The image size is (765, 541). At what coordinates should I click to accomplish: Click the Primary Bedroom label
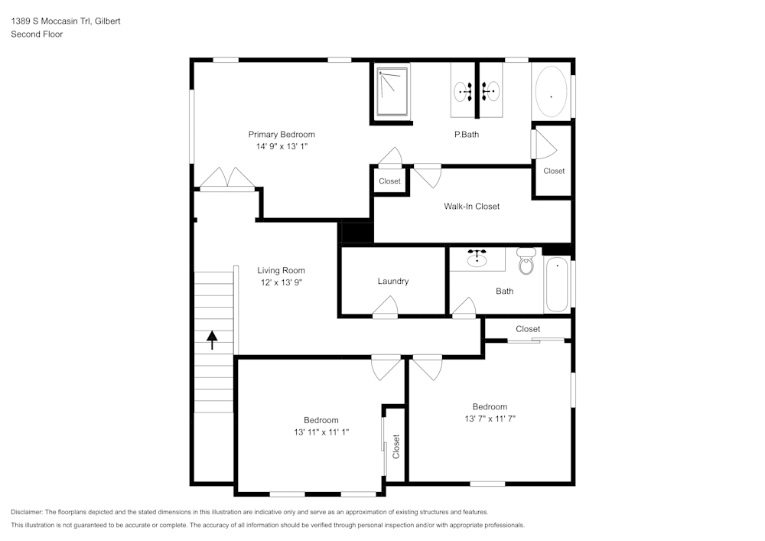(282, 135)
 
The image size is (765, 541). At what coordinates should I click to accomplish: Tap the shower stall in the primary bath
(392, 91)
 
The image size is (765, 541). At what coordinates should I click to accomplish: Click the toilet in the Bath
(526, 262)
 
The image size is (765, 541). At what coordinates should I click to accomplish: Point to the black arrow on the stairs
(212, 339)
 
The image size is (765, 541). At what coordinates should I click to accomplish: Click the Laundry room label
(393, 281)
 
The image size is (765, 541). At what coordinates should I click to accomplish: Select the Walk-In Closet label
(472, 206)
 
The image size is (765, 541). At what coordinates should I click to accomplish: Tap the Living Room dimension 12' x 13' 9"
(281, 282)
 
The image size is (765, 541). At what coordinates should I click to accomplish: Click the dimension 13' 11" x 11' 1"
(321, 432)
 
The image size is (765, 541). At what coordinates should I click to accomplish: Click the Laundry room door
(385, 308)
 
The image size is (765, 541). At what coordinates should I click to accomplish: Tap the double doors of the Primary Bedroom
(227, 179)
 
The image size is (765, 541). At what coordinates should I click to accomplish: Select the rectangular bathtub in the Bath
(558, 285)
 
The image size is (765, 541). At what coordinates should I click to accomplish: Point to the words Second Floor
(37, 34)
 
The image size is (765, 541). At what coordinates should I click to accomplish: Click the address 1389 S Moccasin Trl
(47, 21)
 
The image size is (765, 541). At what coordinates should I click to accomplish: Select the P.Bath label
(467, 135)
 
